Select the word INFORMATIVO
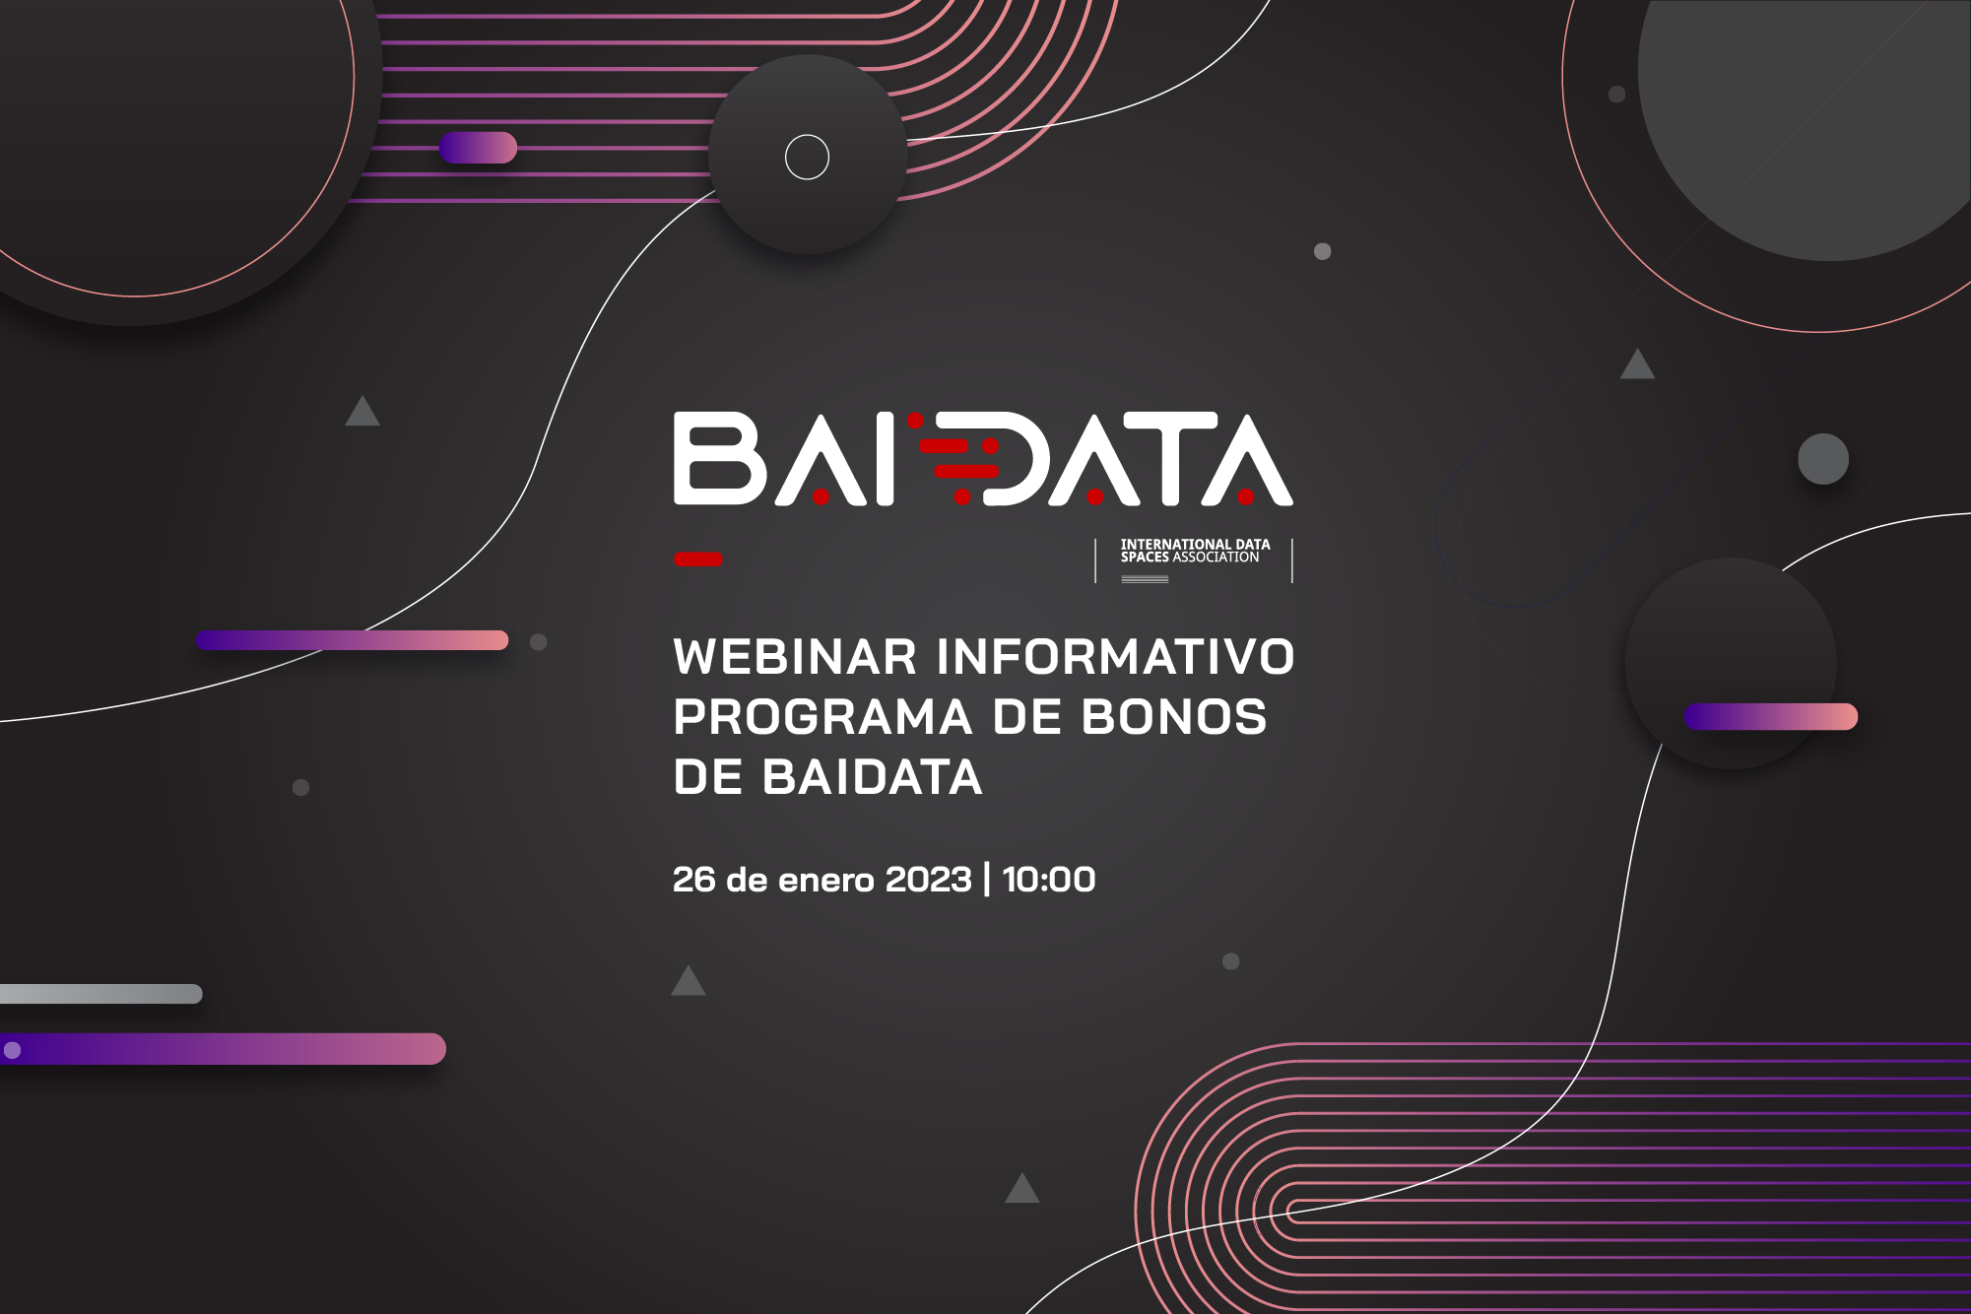[1115, 657]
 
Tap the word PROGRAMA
[823, 717]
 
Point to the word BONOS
[1174, 717]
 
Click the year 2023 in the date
[928, 880]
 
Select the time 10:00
[1049, 880]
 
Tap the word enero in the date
[826, 882]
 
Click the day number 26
[693, 880]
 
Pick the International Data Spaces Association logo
[1194, 560]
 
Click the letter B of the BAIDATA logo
[720, 459]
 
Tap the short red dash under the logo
[698, 559]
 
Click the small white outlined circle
[807, 157]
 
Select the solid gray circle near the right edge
[1823, 459]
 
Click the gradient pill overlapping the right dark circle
[1771, 717]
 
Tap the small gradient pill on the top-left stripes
[478, 148]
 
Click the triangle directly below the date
[689, 981]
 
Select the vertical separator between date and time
[987, 880]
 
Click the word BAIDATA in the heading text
[872, 777]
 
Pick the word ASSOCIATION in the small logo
[1215, 558]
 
